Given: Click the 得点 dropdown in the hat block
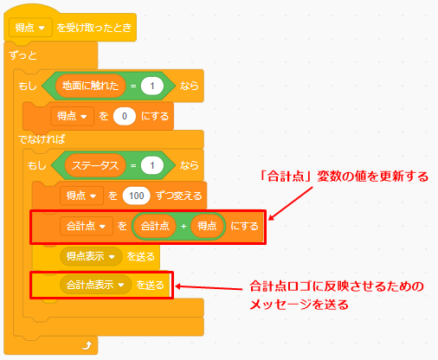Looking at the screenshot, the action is (30, 28).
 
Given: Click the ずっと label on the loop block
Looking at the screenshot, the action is (23, 55).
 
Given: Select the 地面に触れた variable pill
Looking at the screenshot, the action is (90, 86).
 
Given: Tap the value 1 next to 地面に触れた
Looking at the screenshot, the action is (152, 86).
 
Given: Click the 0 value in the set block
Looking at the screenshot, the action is (125, 116).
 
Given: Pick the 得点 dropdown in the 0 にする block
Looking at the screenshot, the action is (72, 116).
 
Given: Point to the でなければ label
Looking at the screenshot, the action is (42, 139).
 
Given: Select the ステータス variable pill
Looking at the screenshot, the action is (95, 165).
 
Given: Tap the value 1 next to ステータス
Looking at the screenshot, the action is (152, 165).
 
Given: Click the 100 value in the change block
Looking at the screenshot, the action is (136, 196).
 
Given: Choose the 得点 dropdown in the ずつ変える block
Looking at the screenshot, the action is (81, 196).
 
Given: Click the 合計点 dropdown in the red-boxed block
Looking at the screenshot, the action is (87, 226).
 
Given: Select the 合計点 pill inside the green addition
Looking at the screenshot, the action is (155, 226).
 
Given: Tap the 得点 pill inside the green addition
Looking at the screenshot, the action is (207, 226).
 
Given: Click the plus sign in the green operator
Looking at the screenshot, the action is (184, 227).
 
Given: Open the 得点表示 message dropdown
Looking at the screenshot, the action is (91, 256).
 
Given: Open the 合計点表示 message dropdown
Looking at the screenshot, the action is (95, 285).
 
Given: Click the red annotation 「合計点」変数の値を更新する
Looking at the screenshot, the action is (344, 177).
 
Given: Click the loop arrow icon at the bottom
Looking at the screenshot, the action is (87, 345).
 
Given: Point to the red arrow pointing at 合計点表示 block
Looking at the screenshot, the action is (209, 287).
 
